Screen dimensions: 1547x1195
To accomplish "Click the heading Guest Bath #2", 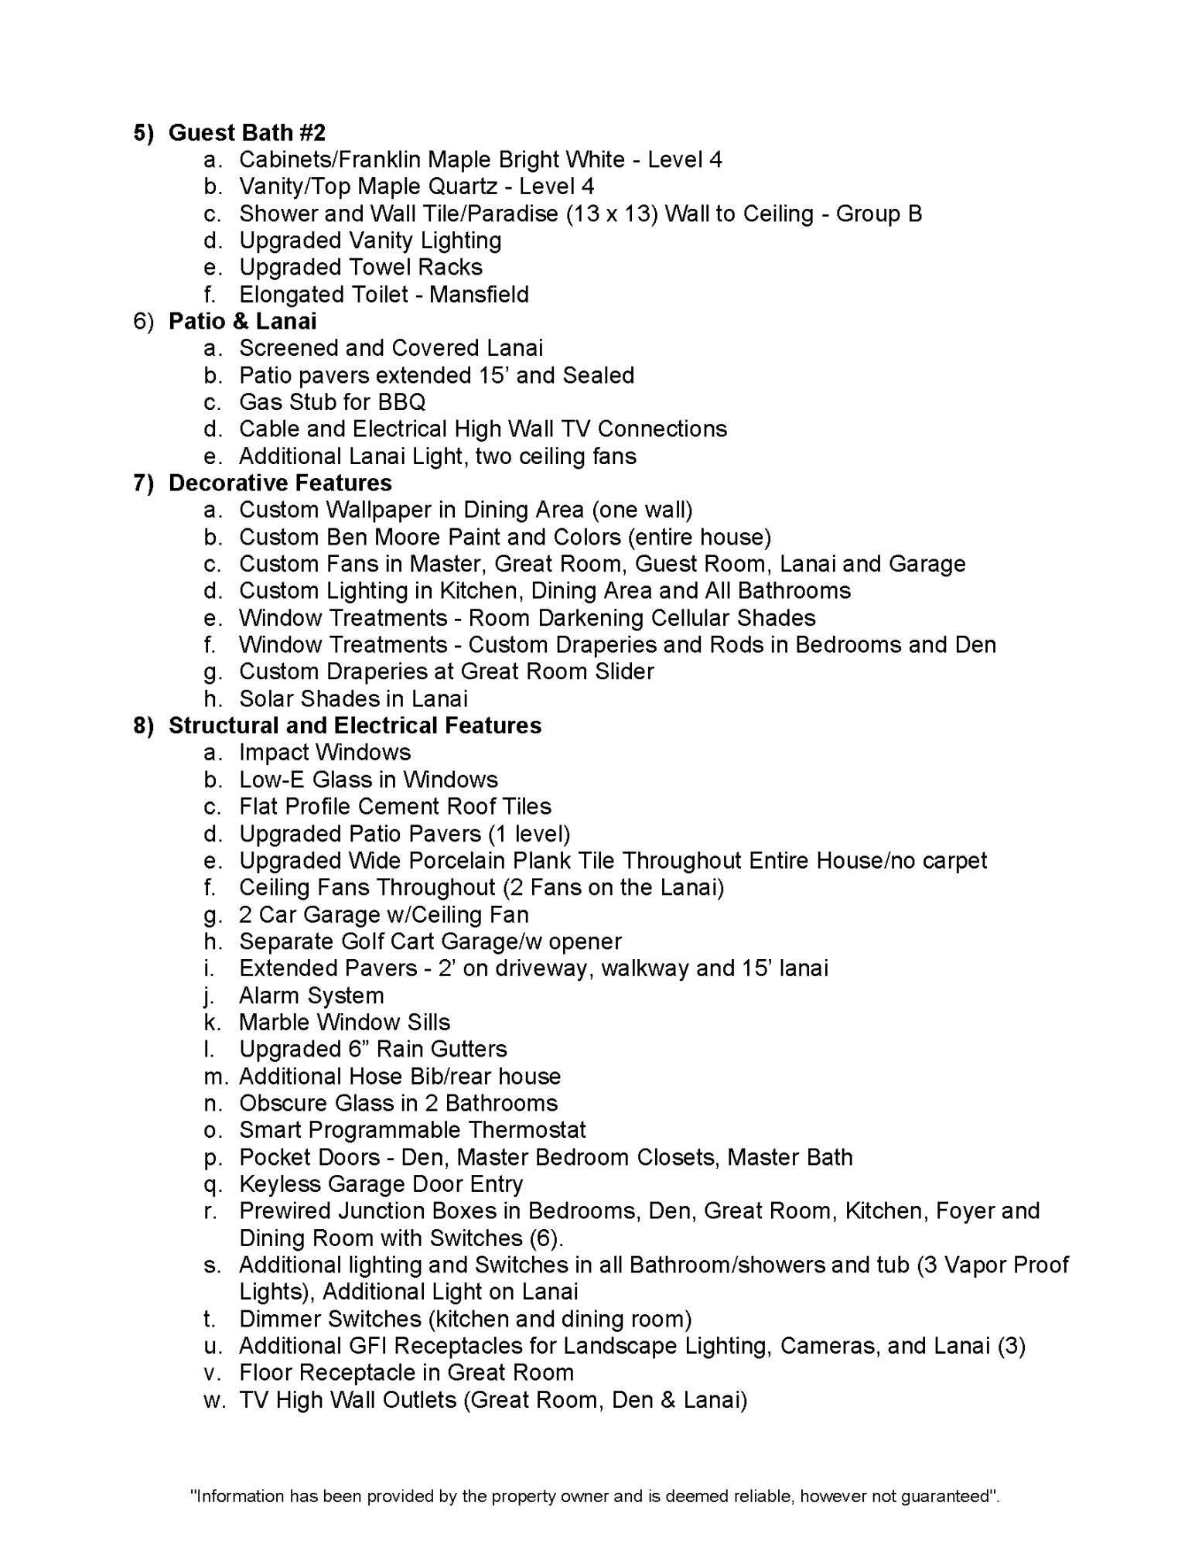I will (247, 133).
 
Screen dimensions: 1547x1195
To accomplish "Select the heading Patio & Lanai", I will (242, 321).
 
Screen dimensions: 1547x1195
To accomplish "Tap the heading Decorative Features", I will (280, 483).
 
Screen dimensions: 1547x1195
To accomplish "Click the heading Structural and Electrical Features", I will (355, 726).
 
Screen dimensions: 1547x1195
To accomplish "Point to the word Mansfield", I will (479, 295).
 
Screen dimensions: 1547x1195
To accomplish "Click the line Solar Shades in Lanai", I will (353, 699).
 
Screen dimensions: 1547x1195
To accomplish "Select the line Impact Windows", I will (325, 753).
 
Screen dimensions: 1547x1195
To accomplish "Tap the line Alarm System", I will (311, 995).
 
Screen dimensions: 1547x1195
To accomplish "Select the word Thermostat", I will (527, 1130).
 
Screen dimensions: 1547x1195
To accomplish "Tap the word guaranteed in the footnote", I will (944, 1496).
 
